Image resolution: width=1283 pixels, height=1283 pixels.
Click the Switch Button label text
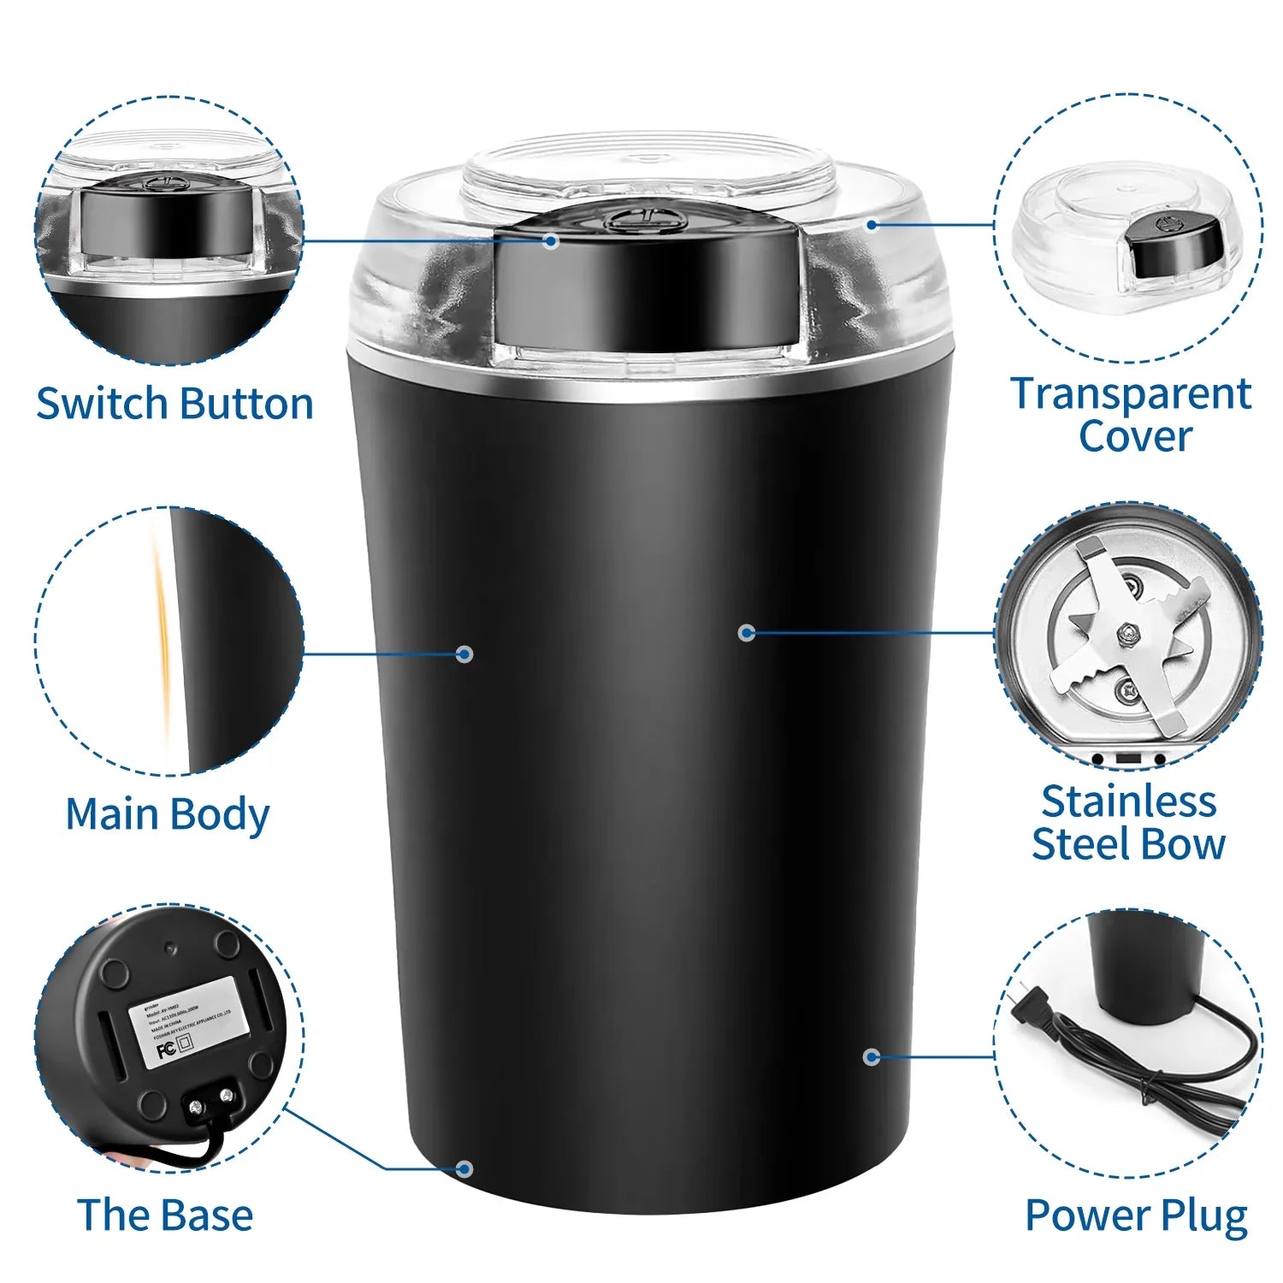click(x=174, y=404)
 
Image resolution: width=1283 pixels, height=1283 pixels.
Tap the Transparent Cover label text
click(x=1132, y=415)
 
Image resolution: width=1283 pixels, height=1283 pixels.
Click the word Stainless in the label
click(x=1128, y=802)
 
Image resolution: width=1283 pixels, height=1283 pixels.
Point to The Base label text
click(x=165, y=1215)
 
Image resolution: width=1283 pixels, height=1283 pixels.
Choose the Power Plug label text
click(x=1136, y=1215)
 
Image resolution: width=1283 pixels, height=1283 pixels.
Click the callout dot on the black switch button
click(x=552, y=241)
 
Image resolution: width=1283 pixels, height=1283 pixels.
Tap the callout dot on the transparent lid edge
click(x=872, y=225)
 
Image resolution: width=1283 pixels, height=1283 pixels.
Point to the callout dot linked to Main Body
click(x=464, y=654)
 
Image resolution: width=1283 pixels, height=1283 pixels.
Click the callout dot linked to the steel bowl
click(x=747, y=633)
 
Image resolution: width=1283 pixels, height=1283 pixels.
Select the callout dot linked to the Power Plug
click(x=872, y=1057)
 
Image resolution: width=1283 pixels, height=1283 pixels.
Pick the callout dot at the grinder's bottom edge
click(x=464, y=1168)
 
